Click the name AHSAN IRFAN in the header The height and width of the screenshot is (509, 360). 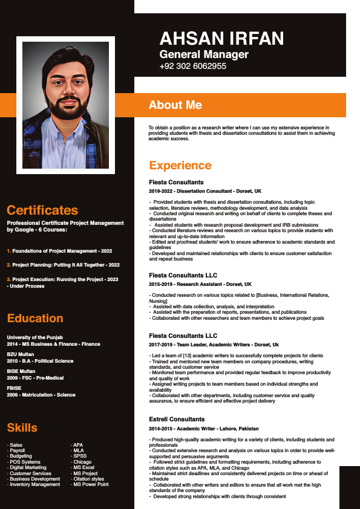(221, 39)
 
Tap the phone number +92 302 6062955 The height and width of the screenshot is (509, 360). (192, 66)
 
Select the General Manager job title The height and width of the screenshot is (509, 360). (204, 54)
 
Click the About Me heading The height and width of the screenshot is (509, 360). (175, 105)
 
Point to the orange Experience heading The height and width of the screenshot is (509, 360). (180, 166)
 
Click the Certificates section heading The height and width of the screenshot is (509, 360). (42, 210)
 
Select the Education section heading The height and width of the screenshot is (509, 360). (35, 319)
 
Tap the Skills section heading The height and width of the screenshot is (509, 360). (22, 428)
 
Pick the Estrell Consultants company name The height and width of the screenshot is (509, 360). (177, 419)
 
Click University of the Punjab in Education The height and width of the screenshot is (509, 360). (35, 337)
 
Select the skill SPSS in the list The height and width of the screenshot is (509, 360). (79, 456)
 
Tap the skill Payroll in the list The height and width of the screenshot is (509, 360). (17, 450)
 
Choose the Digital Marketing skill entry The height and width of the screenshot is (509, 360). (28, 467)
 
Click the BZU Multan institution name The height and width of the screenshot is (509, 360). (22, 354)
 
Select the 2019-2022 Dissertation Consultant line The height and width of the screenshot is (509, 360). (205, 191)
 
